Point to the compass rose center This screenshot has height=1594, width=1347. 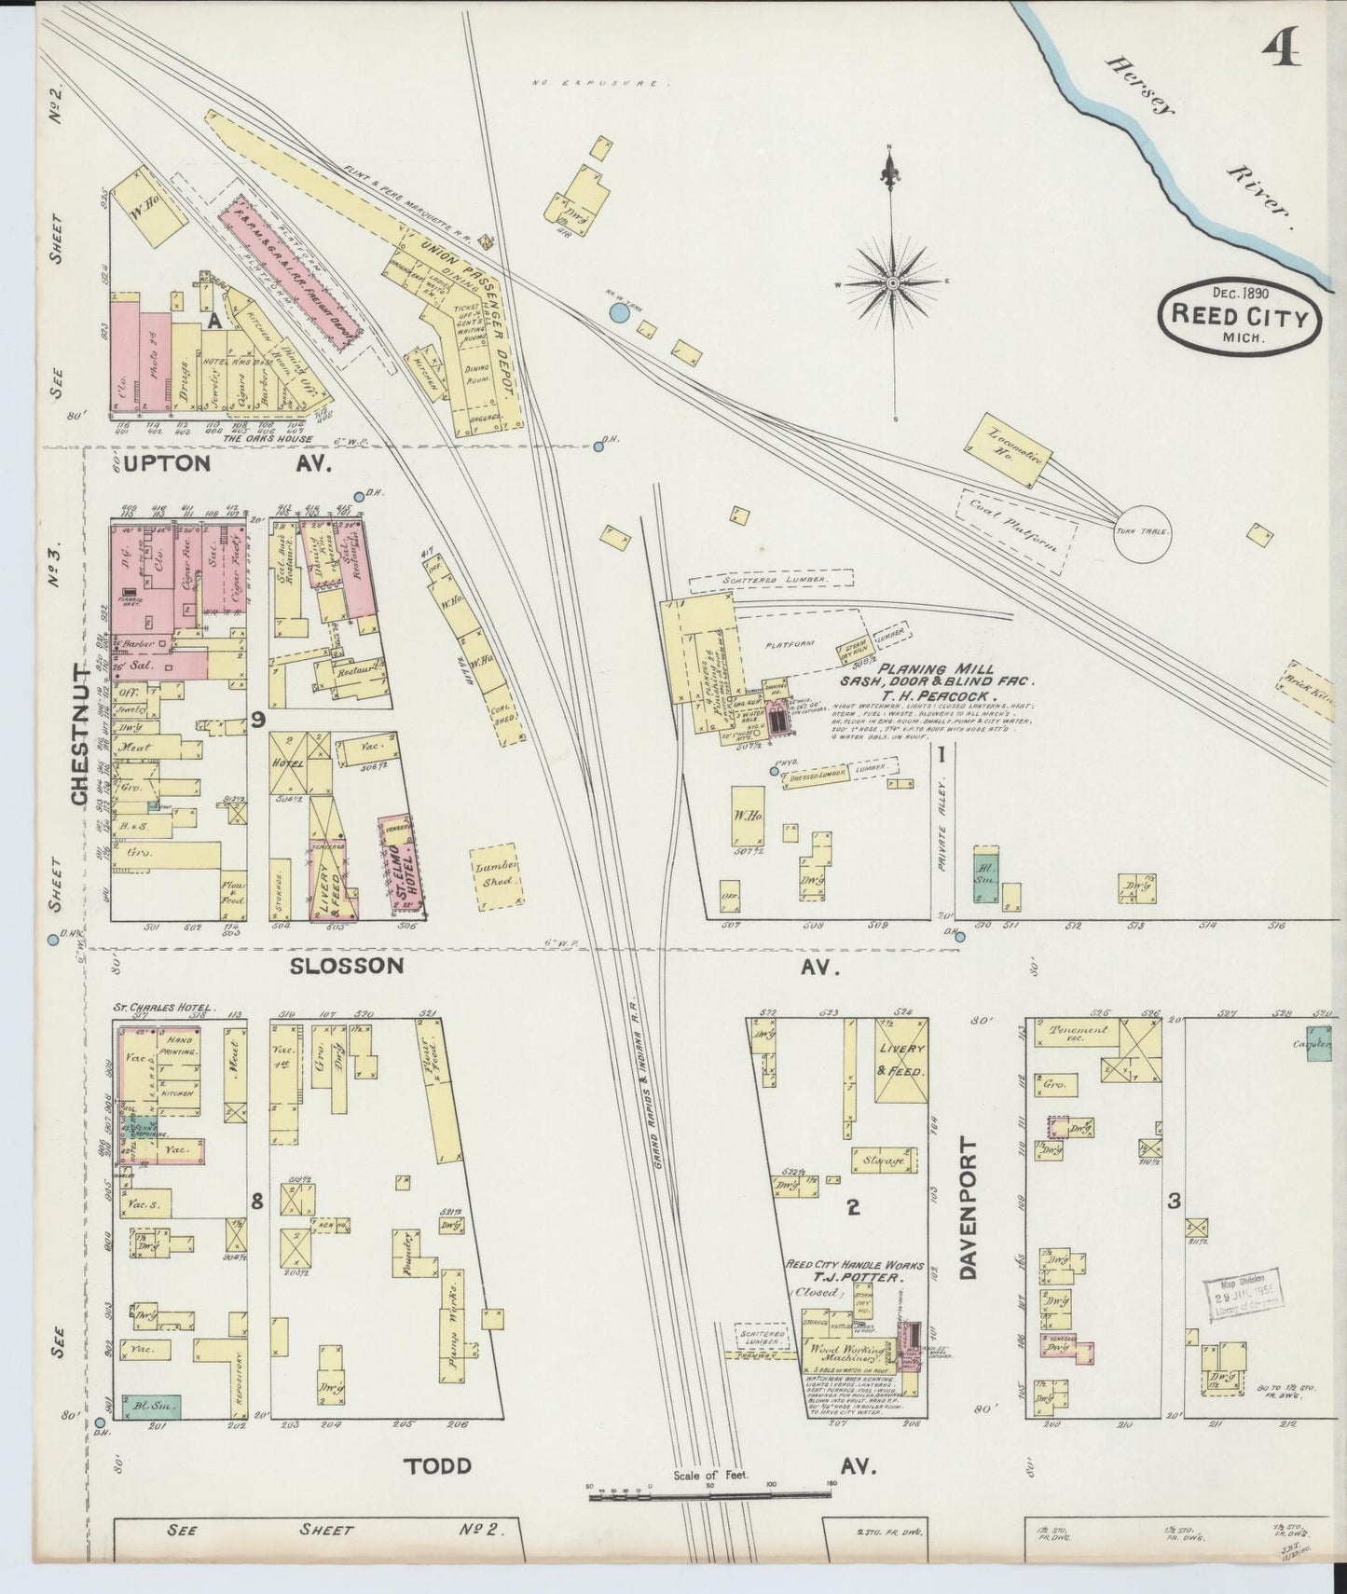pyautogui.click(x=892, y=282)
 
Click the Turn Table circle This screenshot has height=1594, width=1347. pyautogui.click(x=1143, y=533)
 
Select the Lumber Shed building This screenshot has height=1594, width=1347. pyautogui.click(x=496, y=878)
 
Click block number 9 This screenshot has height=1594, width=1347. pyautogui.click(x=258, y=718)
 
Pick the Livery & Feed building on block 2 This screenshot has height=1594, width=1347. pyautogui.click(x=900, y=1060)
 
